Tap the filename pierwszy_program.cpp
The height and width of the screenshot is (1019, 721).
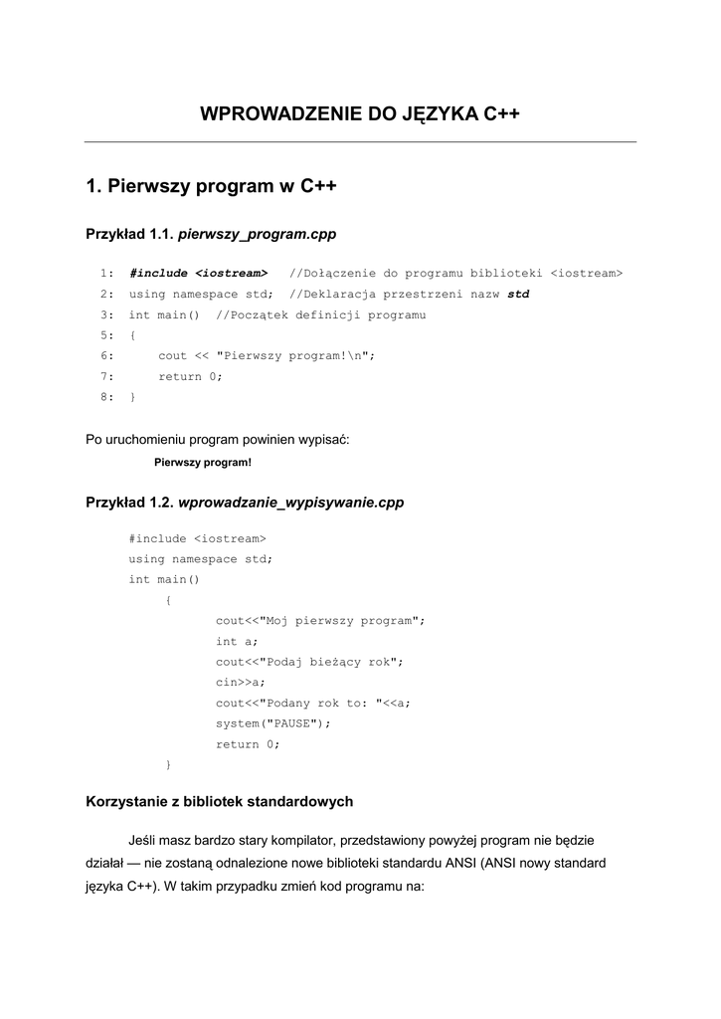[257, 235]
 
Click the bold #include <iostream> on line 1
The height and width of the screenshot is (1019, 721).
[199, 274]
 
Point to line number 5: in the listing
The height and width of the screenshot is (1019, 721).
[106, 335]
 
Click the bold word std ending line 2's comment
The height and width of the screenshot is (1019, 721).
[518, 295]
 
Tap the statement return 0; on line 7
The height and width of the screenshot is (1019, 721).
[191, 377]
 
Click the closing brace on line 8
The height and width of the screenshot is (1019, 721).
[132, 397]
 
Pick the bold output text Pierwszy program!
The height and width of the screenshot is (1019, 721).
[203, 462]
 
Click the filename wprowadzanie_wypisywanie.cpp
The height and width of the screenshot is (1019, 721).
[290, 503]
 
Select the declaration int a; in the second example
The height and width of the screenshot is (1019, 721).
[237, 642]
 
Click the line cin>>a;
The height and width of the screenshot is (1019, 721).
[241, 683]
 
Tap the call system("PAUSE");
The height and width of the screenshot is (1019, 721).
[273, 723]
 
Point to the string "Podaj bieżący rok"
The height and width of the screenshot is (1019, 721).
[328, 662]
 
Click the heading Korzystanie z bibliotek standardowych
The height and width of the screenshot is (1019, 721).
[220, 800]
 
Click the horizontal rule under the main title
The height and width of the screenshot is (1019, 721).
[360, 142]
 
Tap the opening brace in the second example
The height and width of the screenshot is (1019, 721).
[168, 600]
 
